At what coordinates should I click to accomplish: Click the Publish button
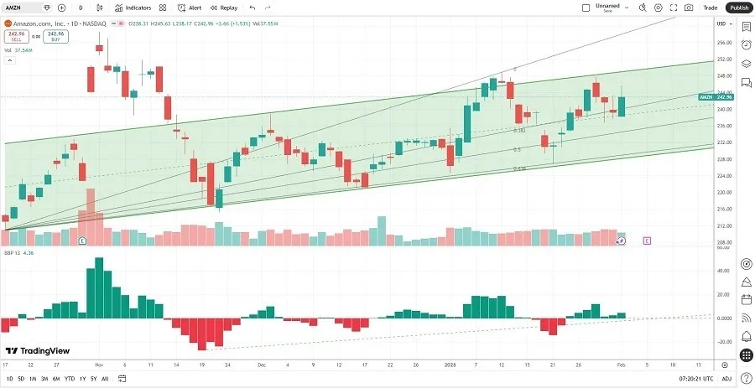pos(738,8)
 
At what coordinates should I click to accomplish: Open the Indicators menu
pos(133,8)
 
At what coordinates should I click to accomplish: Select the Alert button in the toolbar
pos(190,8)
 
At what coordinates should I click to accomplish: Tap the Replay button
pos(223,8)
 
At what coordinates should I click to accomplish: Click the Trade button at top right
pos(710,8)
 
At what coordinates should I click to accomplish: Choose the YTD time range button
pos(69,379)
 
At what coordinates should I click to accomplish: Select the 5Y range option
pos(93,379)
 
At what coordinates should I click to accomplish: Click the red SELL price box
pos(13,36)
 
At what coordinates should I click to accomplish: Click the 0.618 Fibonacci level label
pos(519,168)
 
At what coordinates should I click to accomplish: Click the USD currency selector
pos(721,23)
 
